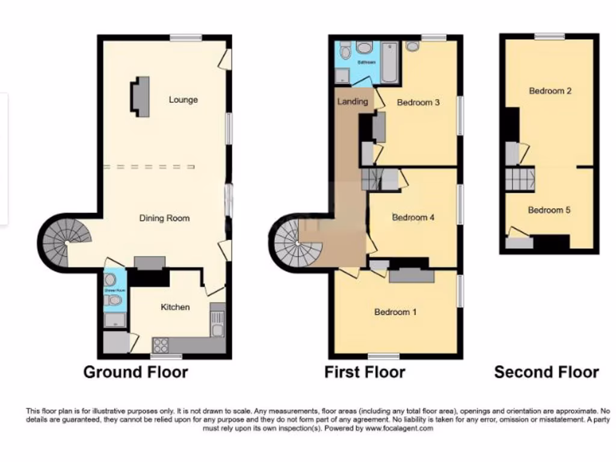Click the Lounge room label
point(183,100)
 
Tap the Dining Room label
point(164,218)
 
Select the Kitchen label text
point(175,307)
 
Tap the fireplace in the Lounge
point(140,96)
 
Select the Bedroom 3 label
point(418,102)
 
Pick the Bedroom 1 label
point(395,312)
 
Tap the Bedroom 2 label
point(550,91)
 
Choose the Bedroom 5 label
point(549,210)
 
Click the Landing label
point(353,101)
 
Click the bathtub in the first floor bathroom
point(390,63)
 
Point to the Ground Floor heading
point(135,372)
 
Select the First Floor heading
point(365,372)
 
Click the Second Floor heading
point(546,372)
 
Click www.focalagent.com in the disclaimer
point(398,429)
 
